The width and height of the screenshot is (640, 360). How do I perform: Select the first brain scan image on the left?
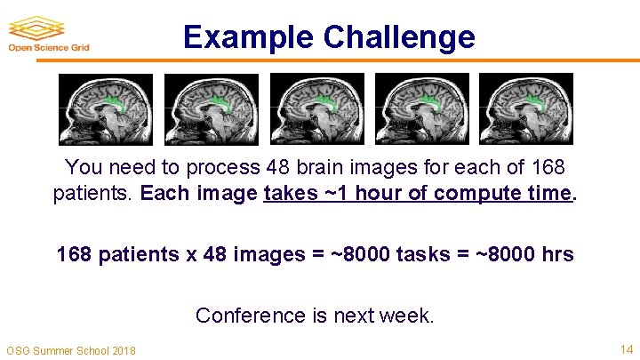[106, 108]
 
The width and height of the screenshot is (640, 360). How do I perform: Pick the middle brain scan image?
[316, 108]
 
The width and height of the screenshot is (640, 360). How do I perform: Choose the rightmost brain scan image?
[526, 108]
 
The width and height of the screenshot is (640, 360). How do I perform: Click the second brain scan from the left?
[212, 108]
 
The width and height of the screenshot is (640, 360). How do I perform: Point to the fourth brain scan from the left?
[421, 108]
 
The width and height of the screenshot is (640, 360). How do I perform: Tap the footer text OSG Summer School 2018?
[71, 350]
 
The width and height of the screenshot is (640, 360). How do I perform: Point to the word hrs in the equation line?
[556, 255]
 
